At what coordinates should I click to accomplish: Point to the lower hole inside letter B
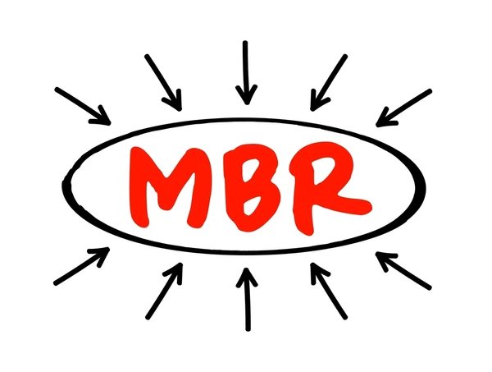252,204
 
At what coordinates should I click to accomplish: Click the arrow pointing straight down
246,72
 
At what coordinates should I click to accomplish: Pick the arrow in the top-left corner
83,106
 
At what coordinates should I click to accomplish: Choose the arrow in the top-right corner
403,108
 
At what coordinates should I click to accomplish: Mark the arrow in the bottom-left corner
82,266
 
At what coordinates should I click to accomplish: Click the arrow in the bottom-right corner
403,270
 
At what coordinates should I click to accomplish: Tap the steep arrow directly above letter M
163,83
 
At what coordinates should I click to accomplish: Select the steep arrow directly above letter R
329,83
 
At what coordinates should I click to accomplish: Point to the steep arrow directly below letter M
164,291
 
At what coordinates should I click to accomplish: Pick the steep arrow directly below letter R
329,292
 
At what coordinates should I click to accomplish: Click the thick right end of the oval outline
421,187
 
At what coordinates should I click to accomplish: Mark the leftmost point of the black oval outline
63,186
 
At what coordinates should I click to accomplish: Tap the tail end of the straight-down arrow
245,42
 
